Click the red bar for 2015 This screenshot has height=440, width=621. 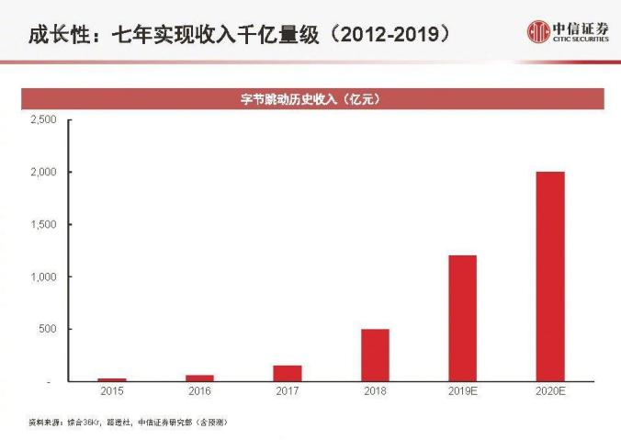click(x=112, y=379)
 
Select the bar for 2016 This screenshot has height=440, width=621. click(x=199, y=378)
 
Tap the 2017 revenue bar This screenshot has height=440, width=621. click(x=288, y=373)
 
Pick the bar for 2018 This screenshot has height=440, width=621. click(x=375, y=355)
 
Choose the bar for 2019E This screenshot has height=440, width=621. click(x=462, y=318)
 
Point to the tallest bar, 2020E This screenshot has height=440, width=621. click(x=550, y=276)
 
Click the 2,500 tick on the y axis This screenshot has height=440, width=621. click(x=43, y=120)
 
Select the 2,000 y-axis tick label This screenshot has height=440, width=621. click(x=43, y=173)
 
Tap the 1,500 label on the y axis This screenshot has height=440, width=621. click(x=43, y=225)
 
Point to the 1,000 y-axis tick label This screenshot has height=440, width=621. click(x=43, y=277)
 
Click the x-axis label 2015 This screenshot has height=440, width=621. click(x=112, y=392)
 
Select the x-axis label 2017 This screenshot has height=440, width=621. click(x=288, y=392)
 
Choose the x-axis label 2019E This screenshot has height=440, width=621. click(x=462, y=392)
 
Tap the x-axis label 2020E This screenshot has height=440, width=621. click(x=550, y=392)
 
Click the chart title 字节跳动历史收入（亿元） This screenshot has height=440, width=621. click(x=310, y=99)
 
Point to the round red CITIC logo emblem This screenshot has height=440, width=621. click(x=538, y=33)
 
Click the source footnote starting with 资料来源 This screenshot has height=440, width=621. click(x=128, y=422)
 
